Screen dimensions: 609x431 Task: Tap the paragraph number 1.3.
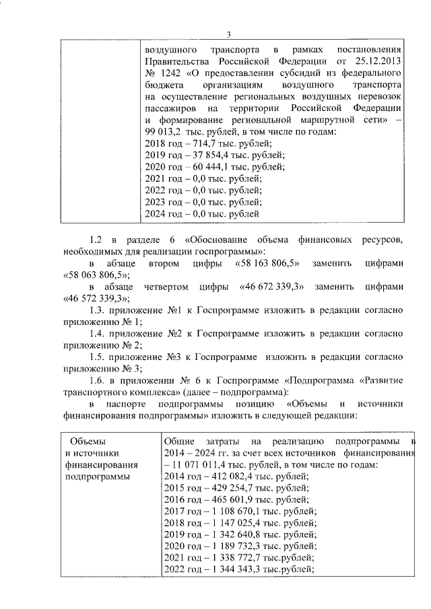click(99, 312)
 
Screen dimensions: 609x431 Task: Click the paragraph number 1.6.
click(99, 380)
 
